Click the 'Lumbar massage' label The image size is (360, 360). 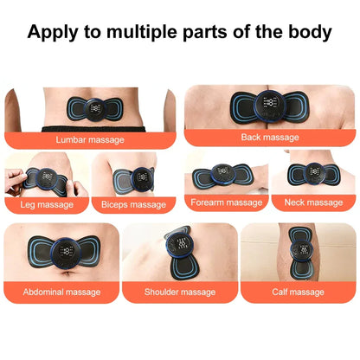[x=89, y=138]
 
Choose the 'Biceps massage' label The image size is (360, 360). [x=133, y=204]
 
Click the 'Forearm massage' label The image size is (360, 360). [x=227, y=202]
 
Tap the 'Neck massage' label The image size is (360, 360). [x=313, y=202]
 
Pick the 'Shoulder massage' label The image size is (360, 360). [x=180, y=292]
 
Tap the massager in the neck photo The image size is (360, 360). [x=312, y=172]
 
